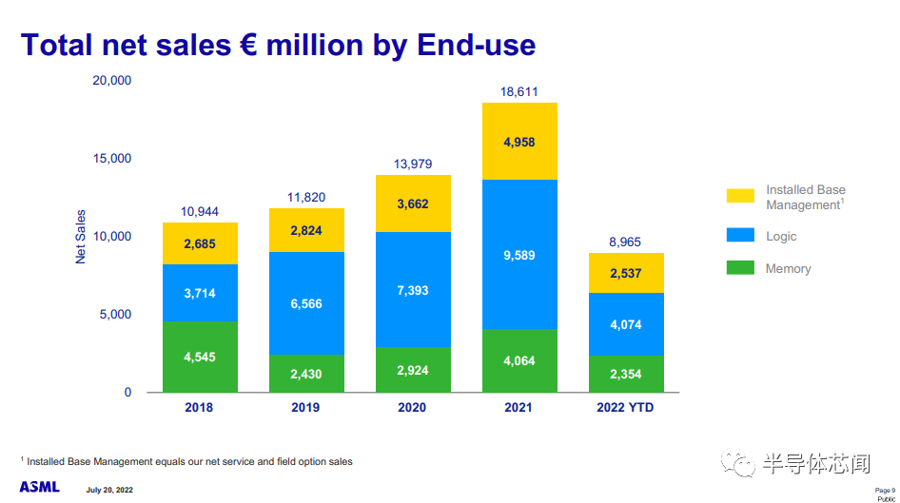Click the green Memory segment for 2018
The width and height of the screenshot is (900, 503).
coord(200,357)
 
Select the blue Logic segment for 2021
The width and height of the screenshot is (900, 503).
coord(519,254)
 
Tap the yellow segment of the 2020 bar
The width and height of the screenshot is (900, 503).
coord(413,203)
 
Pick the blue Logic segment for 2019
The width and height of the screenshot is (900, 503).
coord(306,303)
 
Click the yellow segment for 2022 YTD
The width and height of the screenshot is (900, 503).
coord(625,273)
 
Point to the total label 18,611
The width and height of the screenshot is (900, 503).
coord(519,91)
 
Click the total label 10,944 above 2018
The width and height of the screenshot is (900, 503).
coord(200,211)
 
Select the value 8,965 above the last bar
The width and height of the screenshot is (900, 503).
coord(625,242)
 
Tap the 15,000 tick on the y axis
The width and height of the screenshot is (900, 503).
coord(113,158)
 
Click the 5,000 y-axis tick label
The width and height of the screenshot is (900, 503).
coord(116,315)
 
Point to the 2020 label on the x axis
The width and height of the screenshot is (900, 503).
coord(413,407)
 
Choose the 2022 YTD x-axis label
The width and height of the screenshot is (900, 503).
coord(625,407)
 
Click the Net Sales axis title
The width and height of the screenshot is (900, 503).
coord(81,237)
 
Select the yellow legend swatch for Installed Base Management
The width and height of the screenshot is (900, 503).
coord(740,196)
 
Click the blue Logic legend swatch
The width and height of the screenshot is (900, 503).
coord(740,235)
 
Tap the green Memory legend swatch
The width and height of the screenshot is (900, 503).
coord(740,268)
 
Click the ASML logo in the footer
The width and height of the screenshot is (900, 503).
coord(39,487)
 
